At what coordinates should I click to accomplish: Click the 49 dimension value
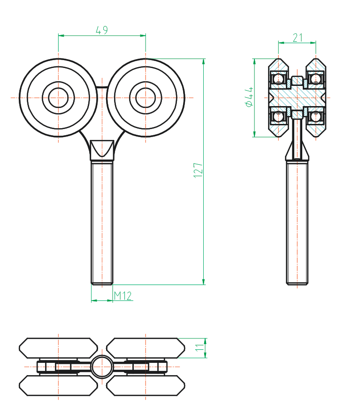point(102,30)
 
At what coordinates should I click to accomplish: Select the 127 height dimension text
point(198,170)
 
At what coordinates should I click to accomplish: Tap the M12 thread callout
point(123,296)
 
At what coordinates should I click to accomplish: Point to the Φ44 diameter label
point(249,97)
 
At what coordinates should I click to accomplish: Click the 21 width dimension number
point(298,38)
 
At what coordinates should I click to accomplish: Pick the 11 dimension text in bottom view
point(200,348)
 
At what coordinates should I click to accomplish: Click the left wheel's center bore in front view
point(59,98)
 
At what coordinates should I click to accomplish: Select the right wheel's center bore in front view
point(146,98)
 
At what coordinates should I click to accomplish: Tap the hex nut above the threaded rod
point(102,150)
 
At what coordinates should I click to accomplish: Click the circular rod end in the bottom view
point(102,367)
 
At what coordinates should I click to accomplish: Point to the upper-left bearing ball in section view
point(278,78)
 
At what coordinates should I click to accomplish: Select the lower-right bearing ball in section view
point(315,116)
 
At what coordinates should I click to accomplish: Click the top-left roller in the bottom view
point(59,348)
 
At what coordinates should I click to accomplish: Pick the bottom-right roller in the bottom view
point(146,385)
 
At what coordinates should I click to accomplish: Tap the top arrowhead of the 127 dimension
point(204,61)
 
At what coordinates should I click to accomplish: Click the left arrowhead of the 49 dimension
point(61,35)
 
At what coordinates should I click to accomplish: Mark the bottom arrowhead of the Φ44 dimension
point(254,134)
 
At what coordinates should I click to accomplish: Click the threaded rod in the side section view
point(297,223)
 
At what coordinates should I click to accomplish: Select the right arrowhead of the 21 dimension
point(313,42)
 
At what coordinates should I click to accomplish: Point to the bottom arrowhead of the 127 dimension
point(204,282)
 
